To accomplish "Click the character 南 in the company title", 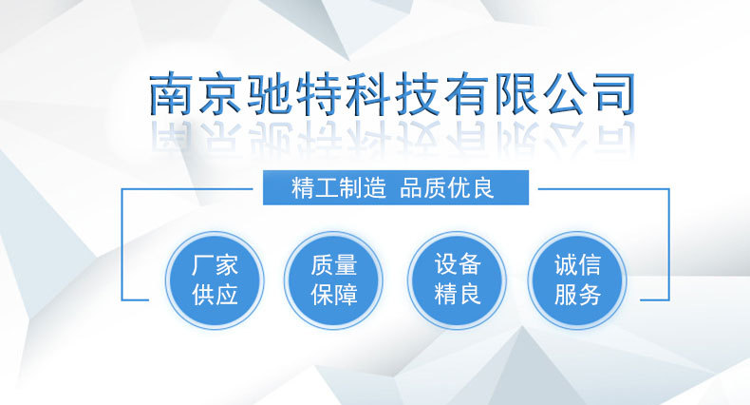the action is [170, 94].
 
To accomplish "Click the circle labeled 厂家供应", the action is [215, 280].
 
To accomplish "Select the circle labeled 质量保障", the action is [333, 280].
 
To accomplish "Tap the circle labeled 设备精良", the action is [457, 280].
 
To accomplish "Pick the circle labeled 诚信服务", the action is [577, 280].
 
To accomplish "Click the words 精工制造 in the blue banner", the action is [339, 187].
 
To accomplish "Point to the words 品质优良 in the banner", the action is [446, 187].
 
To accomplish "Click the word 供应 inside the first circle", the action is [215, 295].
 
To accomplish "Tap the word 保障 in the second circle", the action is [334, 295].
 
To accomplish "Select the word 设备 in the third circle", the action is [458, 264].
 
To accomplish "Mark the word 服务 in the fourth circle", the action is [577, 295].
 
